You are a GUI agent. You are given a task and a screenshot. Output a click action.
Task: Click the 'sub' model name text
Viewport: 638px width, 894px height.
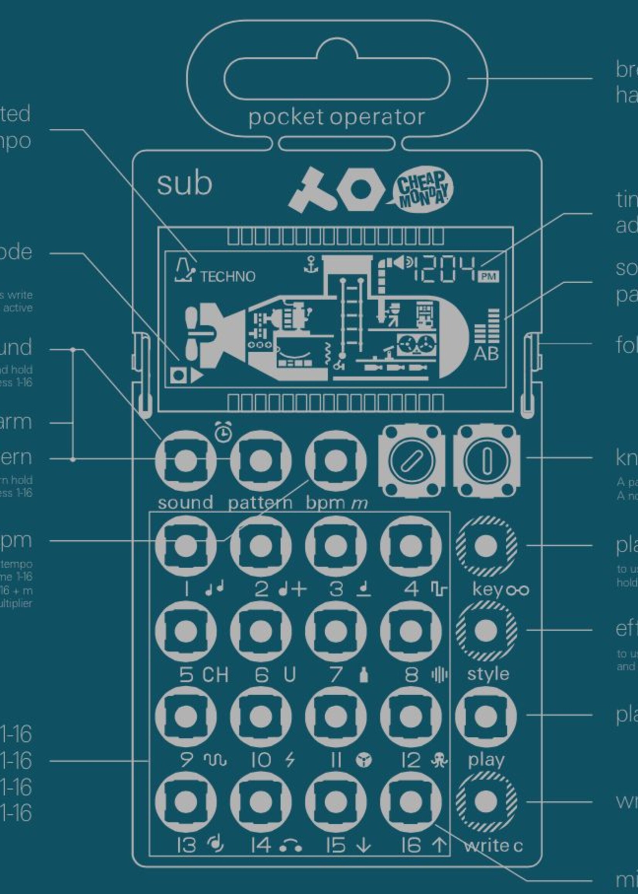pyautogui.click(x=184, y=184)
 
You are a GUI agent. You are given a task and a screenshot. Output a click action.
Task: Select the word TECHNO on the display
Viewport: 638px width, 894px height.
pyautogui.click(x=227, y=277)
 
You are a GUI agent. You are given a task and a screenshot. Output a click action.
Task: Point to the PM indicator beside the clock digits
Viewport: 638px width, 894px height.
pyautogui.click(x=488, y=276)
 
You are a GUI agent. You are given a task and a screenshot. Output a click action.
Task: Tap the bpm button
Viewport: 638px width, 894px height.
pyautogui.click(x=336, y=460)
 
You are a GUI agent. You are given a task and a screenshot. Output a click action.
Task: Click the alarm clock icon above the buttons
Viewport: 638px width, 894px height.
pyautogui.click(x=223, y=433)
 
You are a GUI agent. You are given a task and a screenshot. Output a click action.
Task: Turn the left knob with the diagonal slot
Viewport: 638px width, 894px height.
pyautogui.click(x=411, y=460)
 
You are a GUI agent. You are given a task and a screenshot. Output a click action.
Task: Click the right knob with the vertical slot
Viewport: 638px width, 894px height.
pyautogui.click(x=486, y=460)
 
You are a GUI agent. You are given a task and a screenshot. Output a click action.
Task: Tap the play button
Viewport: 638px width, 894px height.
pyautogui.click(x=485, y=716)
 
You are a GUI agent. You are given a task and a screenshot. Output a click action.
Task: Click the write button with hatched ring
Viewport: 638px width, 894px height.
pyautogui.click(x=485, y=801)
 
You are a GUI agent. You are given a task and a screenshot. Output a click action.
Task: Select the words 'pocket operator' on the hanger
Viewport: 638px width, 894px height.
pyautogui.click(x=336, y=117)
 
